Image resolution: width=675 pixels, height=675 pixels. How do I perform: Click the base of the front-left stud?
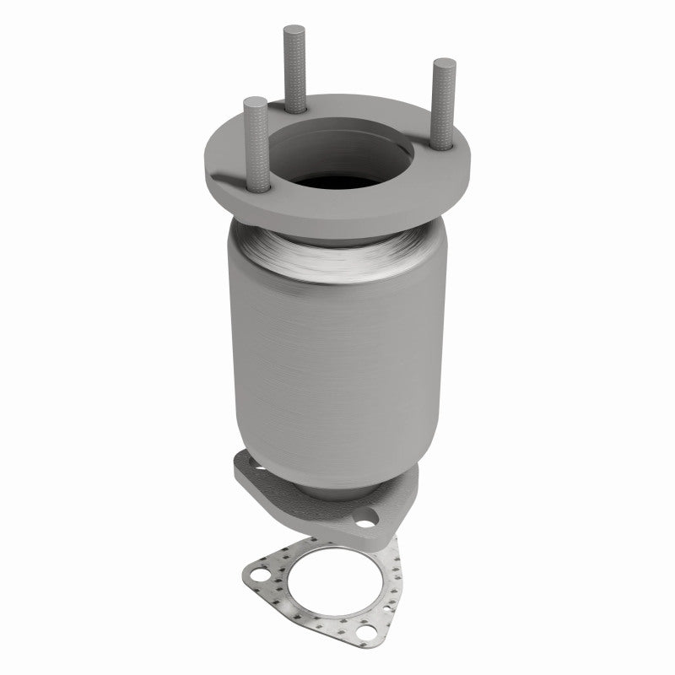pyautogui.click(x=260, y=187)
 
